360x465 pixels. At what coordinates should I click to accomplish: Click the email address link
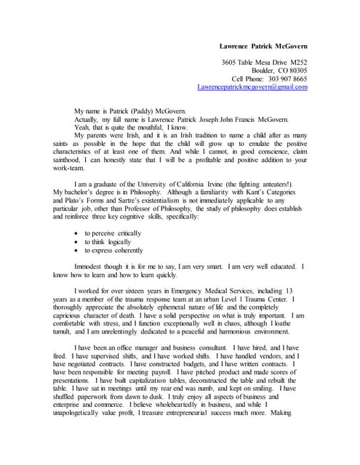point(252,87)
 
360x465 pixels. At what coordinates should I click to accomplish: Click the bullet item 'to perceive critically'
point(113,233)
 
